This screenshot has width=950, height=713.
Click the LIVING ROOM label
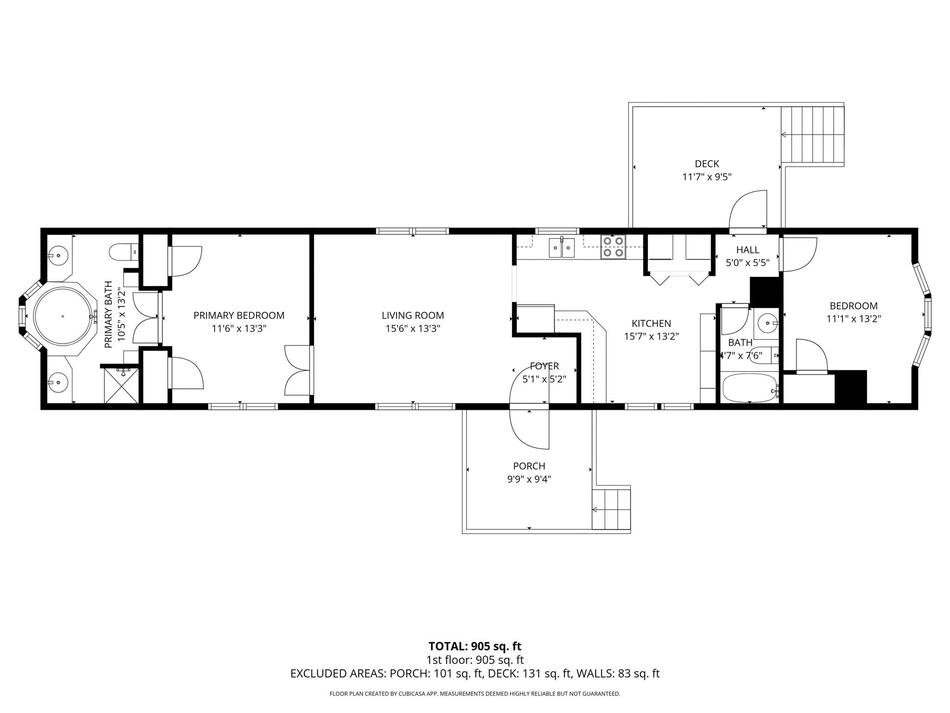(412, 316)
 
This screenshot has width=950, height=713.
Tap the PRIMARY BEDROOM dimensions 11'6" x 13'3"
(239, 329)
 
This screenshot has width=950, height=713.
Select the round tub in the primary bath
(62, 317)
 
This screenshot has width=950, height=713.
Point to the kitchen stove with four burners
(613, 247)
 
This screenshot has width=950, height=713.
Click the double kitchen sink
(562, 247)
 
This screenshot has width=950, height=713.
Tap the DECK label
(706, 164)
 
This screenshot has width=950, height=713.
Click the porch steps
(611, 509)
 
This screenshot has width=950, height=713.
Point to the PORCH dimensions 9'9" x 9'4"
(529, 479)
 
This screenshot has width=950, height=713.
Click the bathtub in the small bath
(749, 389)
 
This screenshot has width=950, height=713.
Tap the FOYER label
(544, 366)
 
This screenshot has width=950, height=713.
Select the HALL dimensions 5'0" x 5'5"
(747, 263)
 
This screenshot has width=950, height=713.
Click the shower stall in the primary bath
(122, 385)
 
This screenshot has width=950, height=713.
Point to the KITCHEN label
(651, 324)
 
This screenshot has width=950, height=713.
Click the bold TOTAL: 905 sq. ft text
(475, 646)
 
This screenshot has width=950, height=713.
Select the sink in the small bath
(767, 322)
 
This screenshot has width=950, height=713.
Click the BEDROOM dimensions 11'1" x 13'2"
(853, 319)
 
